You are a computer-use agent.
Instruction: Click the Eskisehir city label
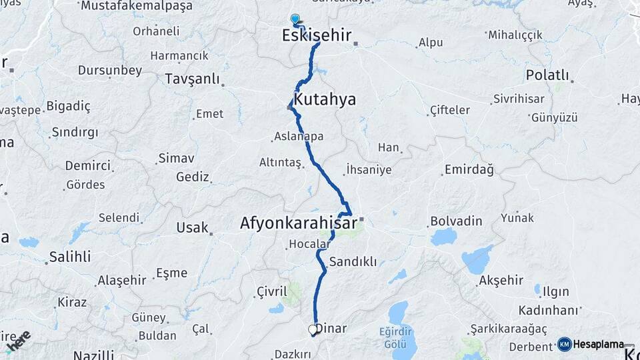[x=317, y=35]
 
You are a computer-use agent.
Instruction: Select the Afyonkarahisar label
[x=298, y=223]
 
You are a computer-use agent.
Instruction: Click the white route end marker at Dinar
[x=313, y=329]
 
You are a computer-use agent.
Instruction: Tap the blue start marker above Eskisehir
[x=295, y=19]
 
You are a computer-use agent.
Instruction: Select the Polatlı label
[x=547, y=75]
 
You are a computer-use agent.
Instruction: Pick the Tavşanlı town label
[x=192, y=79]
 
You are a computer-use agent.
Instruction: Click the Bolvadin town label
[x=456, y=219]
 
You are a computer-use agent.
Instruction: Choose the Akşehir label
[x=501, y=280]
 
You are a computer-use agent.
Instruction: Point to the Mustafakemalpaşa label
[x=136, y=6]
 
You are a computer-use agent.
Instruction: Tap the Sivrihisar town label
[x=520, y=99]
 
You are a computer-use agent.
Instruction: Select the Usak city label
[x=192, y=228]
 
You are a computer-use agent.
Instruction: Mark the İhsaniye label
[x=369, y=169]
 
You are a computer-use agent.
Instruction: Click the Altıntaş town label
[x=280, y=163]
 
